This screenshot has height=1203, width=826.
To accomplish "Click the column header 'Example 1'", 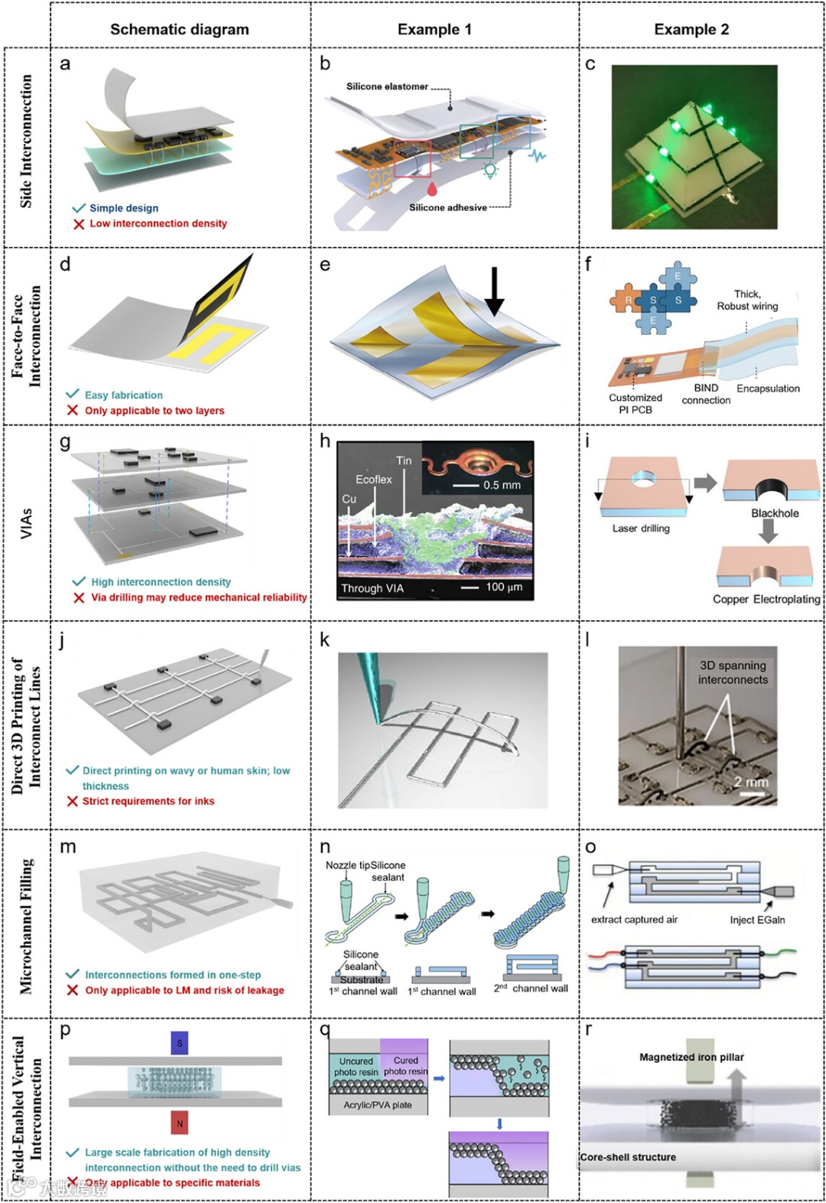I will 434,30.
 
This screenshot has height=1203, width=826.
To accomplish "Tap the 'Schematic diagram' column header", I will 180,30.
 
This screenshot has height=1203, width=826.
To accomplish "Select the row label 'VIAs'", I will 27,523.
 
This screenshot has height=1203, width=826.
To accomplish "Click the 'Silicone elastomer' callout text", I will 387,86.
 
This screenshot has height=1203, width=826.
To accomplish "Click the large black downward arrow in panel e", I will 495,291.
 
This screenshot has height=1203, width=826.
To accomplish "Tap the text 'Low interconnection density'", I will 158,223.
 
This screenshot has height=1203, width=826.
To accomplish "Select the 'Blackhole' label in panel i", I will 774,513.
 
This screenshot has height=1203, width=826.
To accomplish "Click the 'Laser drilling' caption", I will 641,528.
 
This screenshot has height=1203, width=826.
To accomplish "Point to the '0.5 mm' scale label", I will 502,485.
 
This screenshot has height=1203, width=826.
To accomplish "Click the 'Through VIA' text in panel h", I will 372,588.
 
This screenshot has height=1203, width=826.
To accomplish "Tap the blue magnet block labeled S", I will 180,1043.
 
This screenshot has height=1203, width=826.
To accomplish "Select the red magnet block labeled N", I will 180,1123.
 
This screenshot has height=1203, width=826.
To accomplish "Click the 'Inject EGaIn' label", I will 757,920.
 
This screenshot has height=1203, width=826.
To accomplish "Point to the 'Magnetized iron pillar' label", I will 691,1057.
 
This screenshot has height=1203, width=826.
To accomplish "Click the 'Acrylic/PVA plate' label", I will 378,1105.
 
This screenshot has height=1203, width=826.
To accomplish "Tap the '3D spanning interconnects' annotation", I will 732,672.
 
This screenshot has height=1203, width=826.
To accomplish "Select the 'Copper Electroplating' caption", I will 766,600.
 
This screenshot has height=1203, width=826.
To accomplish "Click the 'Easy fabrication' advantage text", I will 124,395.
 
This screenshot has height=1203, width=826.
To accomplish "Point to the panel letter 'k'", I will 325,640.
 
